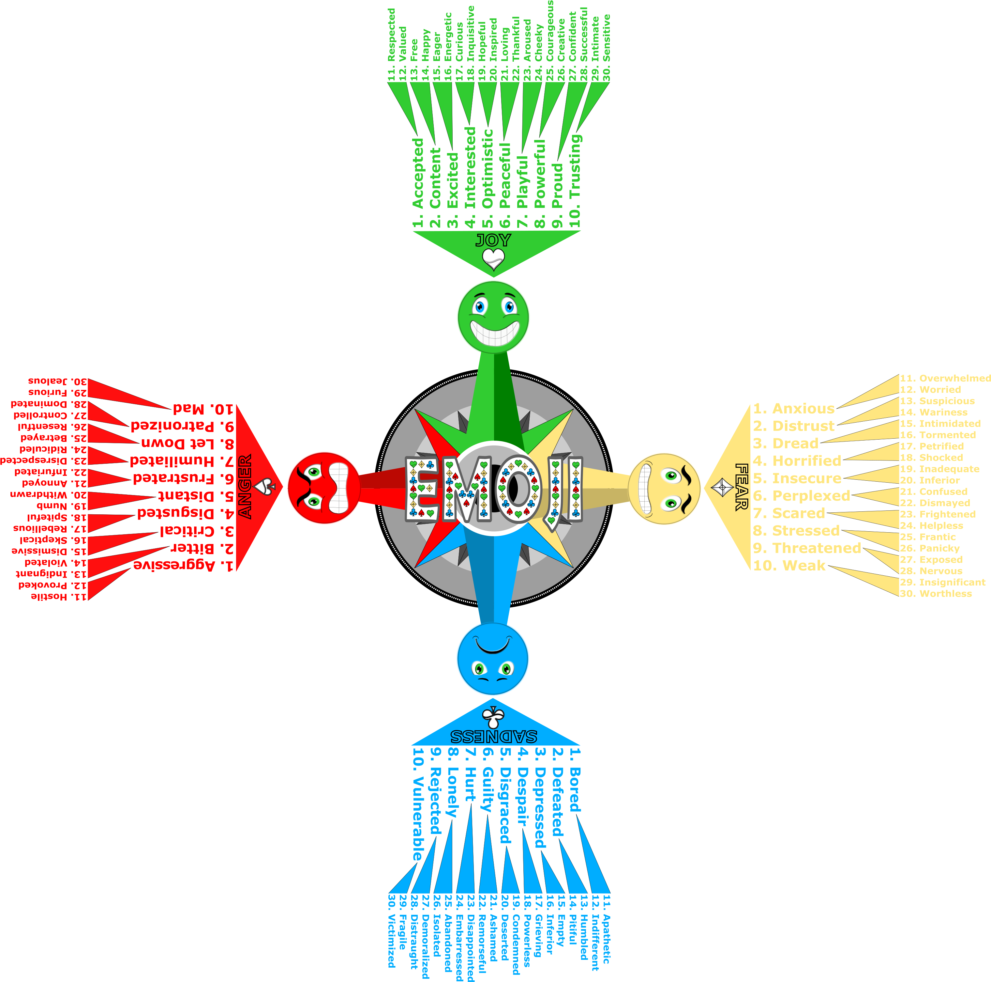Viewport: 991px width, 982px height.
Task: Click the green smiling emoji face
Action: (x=493, y=316)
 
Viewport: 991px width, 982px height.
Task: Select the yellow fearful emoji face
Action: (x=664, y=489)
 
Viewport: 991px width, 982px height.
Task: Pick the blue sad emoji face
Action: (x=492, y=659)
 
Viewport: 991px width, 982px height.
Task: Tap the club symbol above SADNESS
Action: (x=493, y=716)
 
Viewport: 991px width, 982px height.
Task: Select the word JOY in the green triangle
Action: (x=493, y=240)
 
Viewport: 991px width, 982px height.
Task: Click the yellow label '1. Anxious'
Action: (x=793, y=409)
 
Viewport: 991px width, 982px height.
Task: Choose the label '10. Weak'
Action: (x=789, y=566)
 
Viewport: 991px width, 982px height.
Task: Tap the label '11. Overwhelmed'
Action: (x=945, y=378)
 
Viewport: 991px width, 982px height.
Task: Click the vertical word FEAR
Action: (x=741, y=487)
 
